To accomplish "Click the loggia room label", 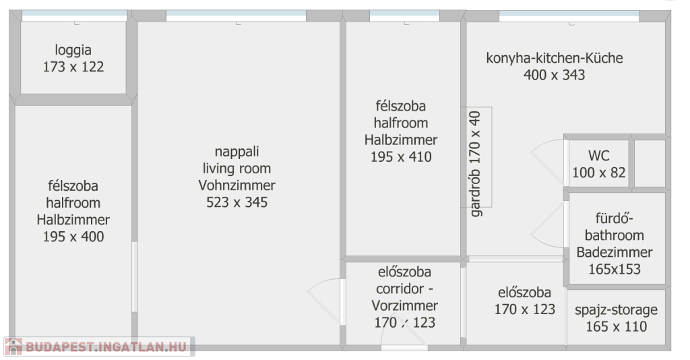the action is pos(73,50).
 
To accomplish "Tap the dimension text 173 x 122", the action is pos(73,67).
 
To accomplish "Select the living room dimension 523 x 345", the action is pos(237,202).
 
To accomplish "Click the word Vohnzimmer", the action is pos(237,185).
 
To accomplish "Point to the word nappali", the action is pos(237,152).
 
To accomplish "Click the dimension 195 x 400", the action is pos(73,237).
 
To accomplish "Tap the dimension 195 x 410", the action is pos(401,157).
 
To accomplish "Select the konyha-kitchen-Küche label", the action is pos(555,58).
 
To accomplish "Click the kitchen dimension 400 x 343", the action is pos(555,75).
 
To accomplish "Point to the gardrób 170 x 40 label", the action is pos(475,164).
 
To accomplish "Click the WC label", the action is pos(599,156).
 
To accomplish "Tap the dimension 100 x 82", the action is pos(599,173).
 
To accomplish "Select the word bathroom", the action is pos(615,235).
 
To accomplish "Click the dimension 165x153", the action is pos(615,270).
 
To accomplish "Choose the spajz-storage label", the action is pos(616,310).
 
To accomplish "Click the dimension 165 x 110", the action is pos(616,327).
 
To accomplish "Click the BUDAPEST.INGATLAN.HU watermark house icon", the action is pos(13,347).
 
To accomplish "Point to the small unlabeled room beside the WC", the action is pos(650,163).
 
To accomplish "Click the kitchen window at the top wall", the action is pos(569,16).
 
